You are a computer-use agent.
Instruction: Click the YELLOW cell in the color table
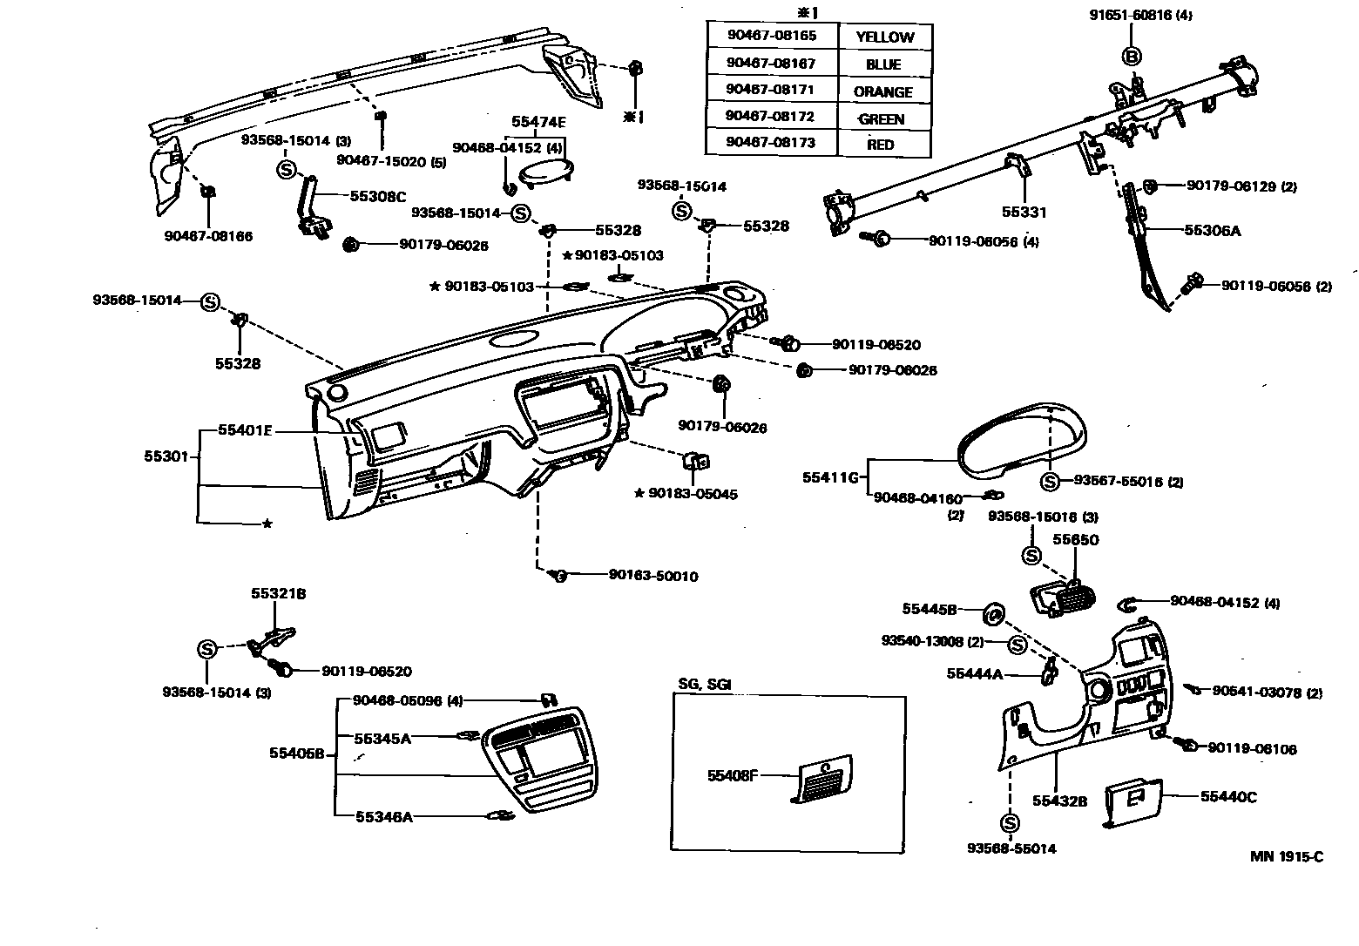(x=884, y=37)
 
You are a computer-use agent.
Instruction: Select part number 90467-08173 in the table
(x=771, y=143)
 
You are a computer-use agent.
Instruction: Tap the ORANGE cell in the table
(x=882, y=91)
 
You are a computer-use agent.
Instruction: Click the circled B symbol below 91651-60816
(x=1131, y=57)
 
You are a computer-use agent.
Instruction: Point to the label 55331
(x=1024, y=212)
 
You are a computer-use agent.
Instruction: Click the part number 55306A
(x=1212, y=231)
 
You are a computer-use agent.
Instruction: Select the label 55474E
(x=538, y=124)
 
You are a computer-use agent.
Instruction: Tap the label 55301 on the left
(x=166, y=456)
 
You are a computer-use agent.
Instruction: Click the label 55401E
(x=245, y=429)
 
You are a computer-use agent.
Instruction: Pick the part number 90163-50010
(x=653, y=576)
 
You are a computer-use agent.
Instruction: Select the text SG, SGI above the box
(x=704, y=684)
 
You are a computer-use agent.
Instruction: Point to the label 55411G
(x=831, y=477)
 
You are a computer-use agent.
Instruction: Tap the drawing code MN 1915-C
(x=1287, y=856)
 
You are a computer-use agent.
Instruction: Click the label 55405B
(x=296, y=753)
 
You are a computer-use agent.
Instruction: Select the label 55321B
(x=278, y=593)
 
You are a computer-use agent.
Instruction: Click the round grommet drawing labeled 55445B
(x=993, y=614)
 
